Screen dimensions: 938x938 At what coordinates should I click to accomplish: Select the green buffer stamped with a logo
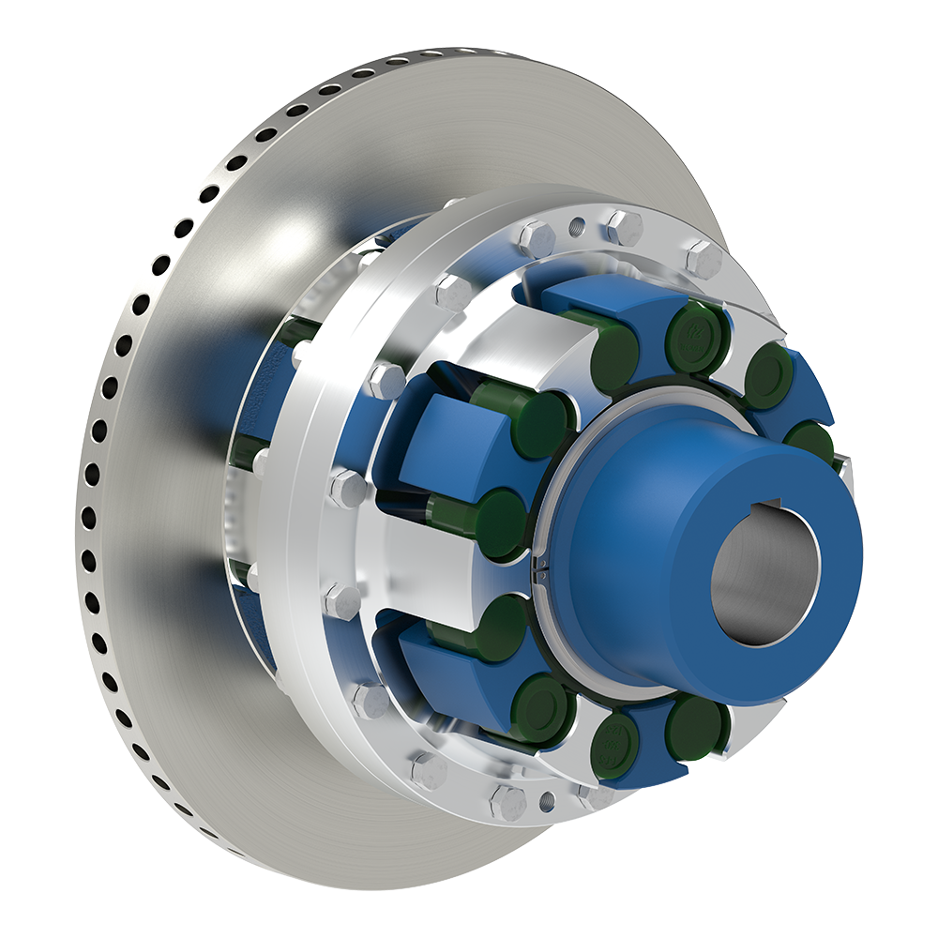pyautogui.click(x=695, y=335)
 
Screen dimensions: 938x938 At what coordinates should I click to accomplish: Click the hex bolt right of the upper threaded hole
pyautogui.click(x=624, y=228)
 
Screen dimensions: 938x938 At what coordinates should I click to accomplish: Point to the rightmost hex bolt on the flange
pyautogui.click(x=703, y=258)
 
